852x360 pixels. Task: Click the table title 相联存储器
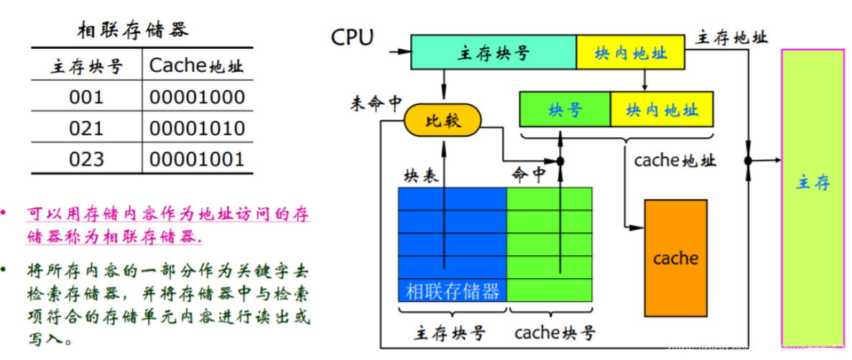133,30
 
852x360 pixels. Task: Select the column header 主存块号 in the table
86,67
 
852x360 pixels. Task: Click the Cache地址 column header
196,66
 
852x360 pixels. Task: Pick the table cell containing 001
86,97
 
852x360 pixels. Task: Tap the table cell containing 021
86,129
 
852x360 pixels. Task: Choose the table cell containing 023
86,160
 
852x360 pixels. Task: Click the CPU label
352,37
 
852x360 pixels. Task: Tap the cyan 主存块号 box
493,52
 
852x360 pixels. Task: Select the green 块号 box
565,109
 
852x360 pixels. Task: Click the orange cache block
675,257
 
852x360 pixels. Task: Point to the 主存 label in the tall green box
812,183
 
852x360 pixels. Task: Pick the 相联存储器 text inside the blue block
453,291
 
